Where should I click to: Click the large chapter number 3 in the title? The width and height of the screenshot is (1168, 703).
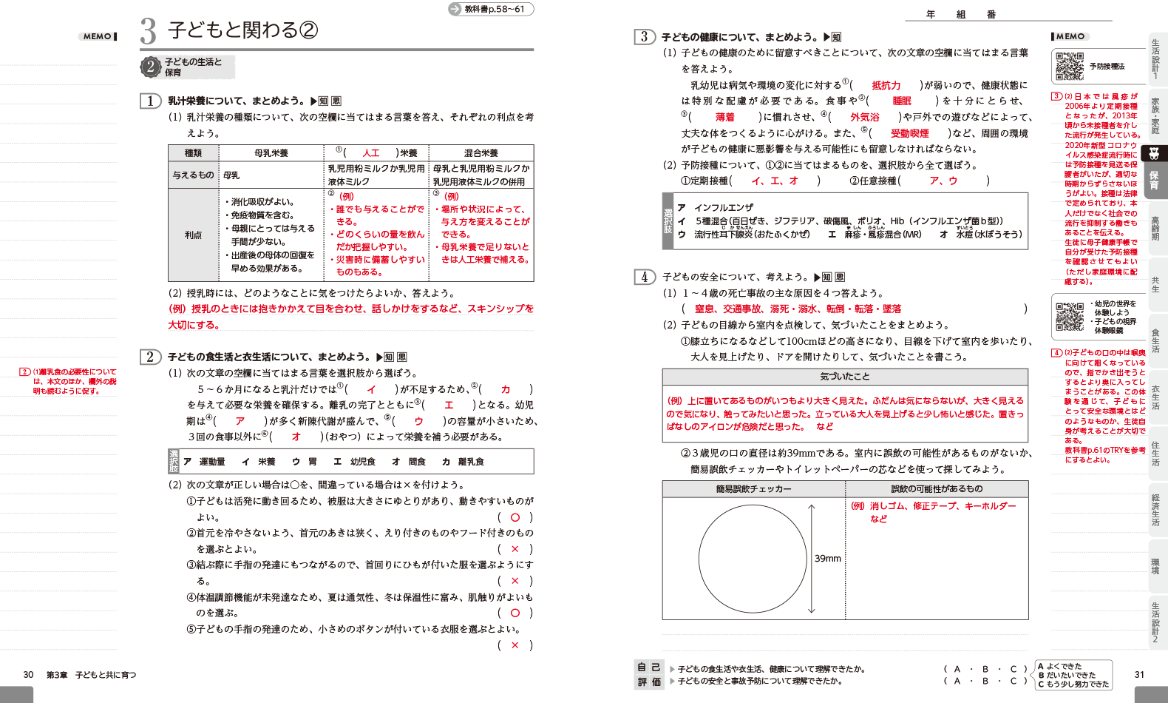pos(149,31)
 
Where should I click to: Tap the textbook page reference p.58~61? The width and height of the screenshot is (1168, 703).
pos(493,9)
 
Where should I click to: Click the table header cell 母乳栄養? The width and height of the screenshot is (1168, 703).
pos(271,153)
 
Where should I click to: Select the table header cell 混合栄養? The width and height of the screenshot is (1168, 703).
pos(481,153)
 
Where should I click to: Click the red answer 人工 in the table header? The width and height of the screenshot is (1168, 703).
pos(371,153)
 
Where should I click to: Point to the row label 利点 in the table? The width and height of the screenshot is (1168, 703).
pos(193,235)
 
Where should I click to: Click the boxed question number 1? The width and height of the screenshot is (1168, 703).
pos(151,101)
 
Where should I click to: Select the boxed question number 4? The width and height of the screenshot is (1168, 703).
pos(645,277)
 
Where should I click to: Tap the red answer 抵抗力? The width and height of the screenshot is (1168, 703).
pos(886,86)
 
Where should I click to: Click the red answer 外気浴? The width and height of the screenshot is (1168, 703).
pos(864,117)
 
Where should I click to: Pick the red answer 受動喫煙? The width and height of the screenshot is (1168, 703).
pos(909,133)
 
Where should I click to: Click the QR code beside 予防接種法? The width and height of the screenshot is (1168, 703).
pos(1069,67)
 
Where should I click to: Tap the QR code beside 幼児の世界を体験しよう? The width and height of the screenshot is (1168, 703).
pos(1069,317)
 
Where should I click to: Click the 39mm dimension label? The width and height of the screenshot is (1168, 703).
pos(828,559)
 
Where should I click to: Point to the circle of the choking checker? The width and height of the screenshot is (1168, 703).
pos(752,559)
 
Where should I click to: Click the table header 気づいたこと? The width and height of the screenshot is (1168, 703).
pos(844,377)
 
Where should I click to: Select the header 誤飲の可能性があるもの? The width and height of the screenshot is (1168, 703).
pos(937,489)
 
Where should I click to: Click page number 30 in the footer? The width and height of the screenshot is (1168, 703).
pos(28,675)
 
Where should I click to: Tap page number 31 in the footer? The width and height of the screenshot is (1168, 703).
pos(1139,675)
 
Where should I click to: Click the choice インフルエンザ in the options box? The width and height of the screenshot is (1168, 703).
pos(724,208)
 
